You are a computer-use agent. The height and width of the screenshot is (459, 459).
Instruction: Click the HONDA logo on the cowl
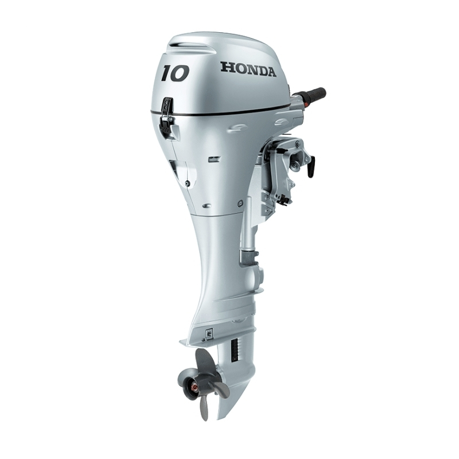[x=248, y=69]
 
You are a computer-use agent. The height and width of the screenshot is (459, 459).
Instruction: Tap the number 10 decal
[x=175, y=73]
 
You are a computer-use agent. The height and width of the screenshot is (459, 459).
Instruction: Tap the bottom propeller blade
[x=204, y=407]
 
